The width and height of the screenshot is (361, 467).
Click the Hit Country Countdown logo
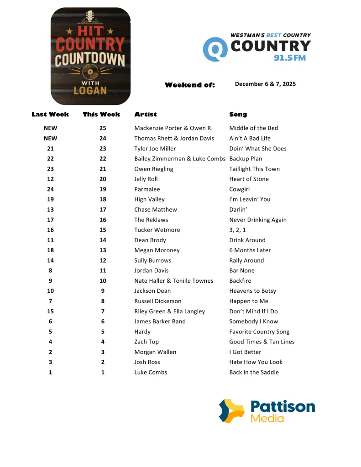point(90,56)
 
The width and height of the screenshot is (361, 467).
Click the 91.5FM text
point(289,58)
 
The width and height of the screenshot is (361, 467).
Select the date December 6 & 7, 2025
point(265,84)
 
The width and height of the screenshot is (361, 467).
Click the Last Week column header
point(50,114)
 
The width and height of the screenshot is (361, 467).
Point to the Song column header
point(238,114)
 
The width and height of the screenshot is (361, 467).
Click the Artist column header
point(145,114)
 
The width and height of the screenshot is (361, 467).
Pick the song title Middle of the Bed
point(253,128)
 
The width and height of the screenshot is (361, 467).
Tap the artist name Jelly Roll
point(146,179)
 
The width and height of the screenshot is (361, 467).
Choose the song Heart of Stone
point(249,179)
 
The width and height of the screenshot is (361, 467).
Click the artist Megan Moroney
point(157,250)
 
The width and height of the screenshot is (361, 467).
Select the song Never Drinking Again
point(258,220)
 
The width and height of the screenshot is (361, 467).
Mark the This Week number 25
point(103,128)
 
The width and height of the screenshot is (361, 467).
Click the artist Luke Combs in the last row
point(151,373)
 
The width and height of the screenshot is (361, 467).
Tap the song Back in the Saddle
point(254,373)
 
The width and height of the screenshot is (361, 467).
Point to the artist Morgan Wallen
point(155,352)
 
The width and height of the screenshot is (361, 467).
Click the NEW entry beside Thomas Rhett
point(50,138)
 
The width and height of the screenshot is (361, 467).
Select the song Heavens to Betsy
point(252,291)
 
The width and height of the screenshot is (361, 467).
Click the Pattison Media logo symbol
point(231,411)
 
